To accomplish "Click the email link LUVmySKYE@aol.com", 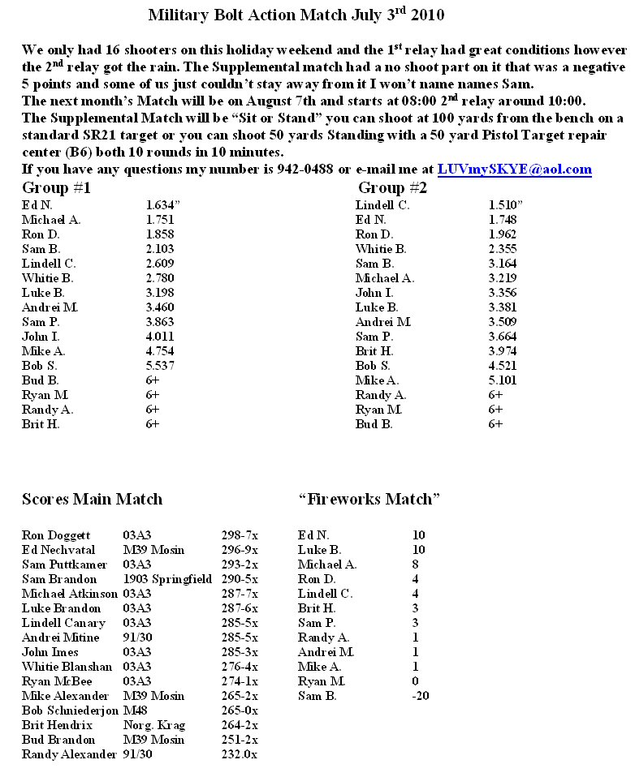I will (514, 170).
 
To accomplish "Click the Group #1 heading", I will (56, 188).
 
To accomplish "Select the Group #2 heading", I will (393, 188).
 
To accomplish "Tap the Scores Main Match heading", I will (92, 500).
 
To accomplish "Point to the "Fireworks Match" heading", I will (369, 500).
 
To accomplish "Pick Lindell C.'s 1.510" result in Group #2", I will (506, 205).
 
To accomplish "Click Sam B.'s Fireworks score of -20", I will (421, 696).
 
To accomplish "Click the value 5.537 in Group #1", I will (160, 366).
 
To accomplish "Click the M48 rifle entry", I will (136, 710).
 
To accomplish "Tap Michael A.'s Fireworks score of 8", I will (416, 565).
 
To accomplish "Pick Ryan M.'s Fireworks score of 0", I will (416, 681).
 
